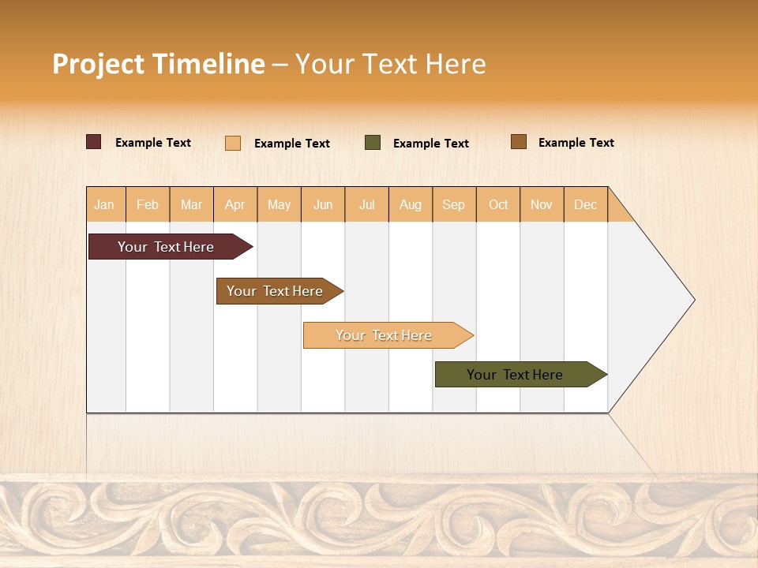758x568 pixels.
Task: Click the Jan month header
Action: point(105,204)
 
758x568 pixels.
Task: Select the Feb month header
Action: point(148,204)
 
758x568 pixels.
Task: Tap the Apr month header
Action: point(235,204)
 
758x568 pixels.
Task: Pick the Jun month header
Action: point(323,204)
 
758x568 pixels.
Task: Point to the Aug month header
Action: point(411,204)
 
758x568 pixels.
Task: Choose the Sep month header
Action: point(454,204)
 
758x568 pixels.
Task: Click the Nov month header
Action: point(542,204)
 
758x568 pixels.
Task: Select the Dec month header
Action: point(586,204)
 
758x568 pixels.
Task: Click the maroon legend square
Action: point(94,142)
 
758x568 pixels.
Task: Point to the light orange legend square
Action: point(233,143)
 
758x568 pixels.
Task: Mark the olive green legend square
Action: point(373,143)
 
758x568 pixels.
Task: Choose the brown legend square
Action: point(519,142)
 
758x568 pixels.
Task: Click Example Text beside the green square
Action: point(431,144)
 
